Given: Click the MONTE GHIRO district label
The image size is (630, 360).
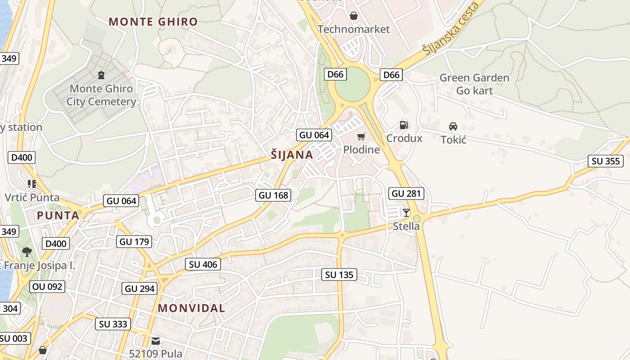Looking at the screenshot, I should (x=153, y=22).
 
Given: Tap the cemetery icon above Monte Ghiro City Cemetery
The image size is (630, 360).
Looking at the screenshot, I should (x=101, y=75).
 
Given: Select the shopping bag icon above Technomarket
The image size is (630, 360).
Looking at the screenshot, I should (x=354, y=16).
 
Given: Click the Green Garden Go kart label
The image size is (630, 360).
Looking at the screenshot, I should (x=474, y=84).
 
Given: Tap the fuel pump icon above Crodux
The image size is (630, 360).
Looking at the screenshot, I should (x=404, y=125).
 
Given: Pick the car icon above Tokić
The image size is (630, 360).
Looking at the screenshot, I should (x=453, y=126).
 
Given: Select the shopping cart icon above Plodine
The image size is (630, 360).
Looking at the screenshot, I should (x=361, y=136).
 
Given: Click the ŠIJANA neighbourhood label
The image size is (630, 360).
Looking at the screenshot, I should (x=292, y=155).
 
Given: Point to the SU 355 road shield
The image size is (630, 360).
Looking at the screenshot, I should (x=606, y=161).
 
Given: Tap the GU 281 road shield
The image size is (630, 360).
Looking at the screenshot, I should (x=406, y=193).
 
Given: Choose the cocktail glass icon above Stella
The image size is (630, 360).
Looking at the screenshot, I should (x=406, y=213).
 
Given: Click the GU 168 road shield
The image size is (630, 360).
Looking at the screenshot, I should (x=273, y=195).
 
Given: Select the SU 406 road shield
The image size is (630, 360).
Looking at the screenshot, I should (x=203, y=264).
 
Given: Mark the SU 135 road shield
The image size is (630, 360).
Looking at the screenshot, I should (x=339, y=274).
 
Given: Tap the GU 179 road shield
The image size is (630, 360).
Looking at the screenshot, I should (x=134, y=242).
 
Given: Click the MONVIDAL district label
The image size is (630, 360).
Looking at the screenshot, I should (x=191, y=308).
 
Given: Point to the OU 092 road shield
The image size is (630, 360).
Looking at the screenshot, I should (x=47, y=287).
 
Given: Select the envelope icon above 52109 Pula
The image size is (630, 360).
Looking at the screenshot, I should (x=156, y=341).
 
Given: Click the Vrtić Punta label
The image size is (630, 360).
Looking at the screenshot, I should (x=32, y=197).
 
